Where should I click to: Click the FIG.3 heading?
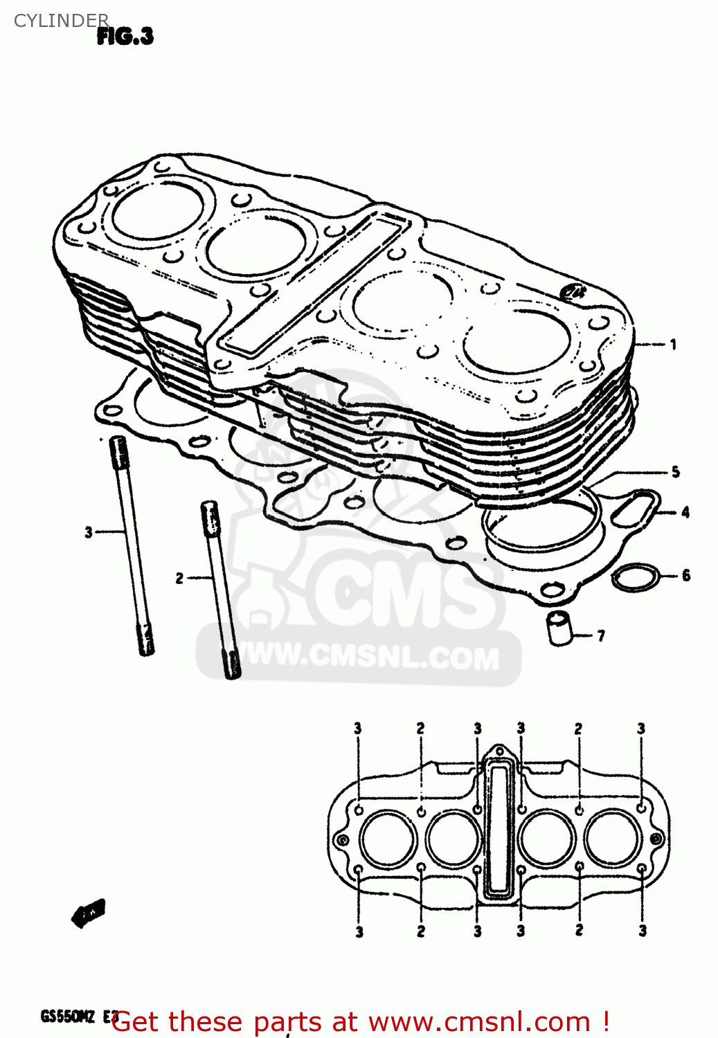[125, 36]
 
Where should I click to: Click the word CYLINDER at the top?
[61, 20]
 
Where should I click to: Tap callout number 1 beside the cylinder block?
[672, 344]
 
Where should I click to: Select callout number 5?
[675, 472]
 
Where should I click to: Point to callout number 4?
[685, 513]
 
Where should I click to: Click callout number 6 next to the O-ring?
[685, 575]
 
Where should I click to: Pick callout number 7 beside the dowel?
[600, 635]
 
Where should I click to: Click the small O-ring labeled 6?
[636, 577]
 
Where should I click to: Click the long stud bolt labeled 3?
[132, 547]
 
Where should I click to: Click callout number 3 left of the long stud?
[89, 532]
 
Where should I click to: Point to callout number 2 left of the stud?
[179, 578]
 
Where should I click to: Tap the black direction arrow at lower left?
[88, 913]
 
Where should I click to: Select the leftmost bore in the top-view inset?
[388, 838]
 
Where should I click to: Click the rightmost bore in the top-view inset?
[611, 838]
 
